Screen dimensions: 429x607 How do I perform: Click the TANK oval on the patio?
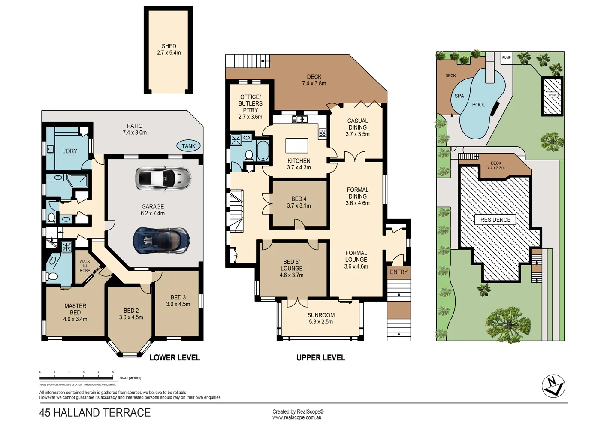[x=188, y=146]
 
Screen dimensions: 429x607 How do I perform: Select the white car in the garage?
[x=163, y=178]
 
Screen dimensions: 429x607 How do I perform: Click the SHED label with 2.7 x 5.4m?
[x=169, y=49]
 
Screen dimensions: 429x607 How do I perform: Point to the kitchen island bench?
[x=297, y=145]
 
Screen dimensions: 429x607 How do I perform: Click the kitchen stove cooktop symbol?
[x=322, y=133]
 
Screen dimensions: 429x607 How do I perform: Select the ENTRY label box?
[x=399, y=272]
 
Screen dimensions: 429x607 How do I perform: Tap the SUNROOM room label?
[x=321, y=318]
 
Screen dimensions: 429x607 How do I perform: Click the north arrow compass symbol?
[x=553, y=386]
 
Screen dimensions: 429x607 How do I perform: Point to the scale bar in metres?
[x=77, y=378]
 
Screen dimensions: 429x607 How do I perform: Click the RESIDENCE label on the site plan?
[x=495, y=220]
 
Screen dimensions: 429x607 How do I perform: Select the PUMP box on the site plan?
[x=507, y=58]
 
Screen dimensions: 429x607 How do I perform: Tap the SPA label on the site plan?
[x=459, y=96]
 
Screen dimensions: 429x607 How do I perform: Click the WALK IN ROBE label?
[x=85, y=266]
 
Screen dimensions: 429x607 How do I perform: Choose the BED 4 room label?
[x=299, y=202]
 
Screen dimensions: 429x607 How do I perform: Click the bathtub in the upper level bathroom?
[x=263, y=151]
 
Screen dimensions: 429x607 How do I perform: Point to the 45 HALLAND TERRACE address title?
[x=95, y=413]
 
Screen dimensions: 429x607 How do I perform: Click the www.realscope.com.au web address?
[x=297, y=417]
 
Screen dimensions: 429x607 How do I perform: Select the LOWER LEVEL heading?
[x=175, y=358]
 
